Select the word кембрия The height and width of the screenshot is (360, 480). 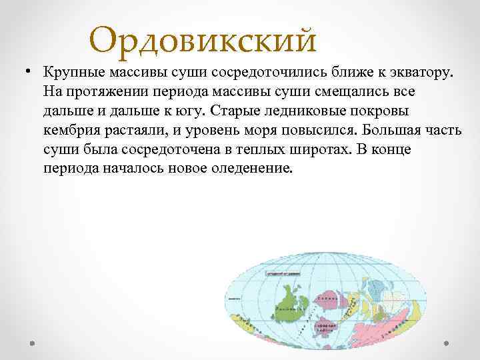point(73,129)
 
